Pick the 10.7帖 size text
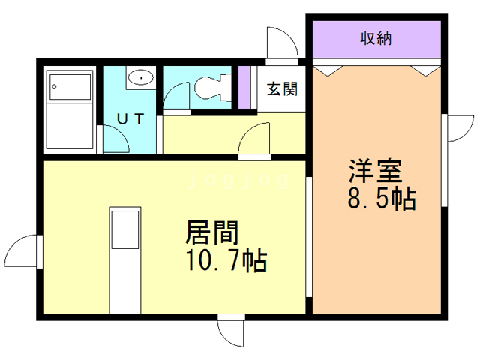click(226, 261)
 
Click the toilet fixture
click(212, 88)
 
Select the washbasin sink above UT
click(139, 77)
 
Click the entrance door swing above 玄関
click(283, 45)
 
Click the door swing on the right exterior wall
click(457, 136)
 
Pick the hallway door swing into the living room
click(255, 139)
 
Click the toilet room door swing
click(177, 96)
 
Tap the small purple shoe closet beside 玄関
click(244, 88)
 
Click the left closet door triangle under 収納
click(328, 70)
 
